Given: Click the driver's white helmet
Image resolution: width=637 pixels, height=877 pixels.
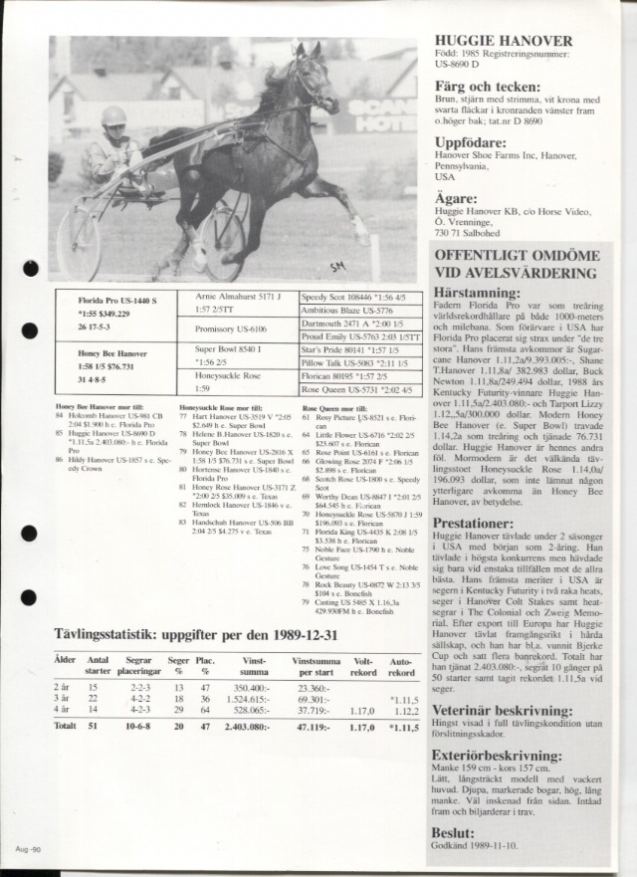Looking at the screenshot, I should tap(113, 115).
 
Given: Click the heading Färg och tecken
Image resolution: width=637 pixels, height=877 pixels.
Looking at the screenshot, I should tap(485, 87).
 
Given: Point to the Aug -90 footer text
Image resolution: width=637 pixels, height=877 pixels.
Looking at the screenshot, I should tap(28, 847).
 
